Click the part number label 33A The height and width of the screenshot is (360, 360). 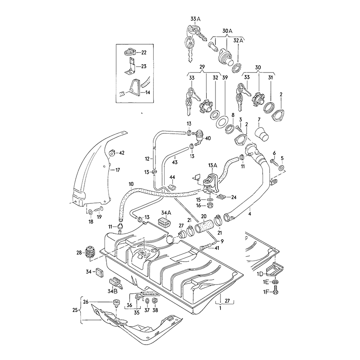[x=195, y=19]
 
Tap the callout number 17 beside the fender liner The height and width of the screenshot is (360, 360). [x=117, y=170]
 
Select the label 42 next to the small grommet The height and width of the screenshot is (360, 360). [x=122, y=153]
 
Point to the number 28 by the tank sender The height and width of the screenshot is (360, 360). [x=79, y=252]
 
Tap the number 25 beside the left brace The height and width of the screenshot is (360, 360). [x=75, y=310]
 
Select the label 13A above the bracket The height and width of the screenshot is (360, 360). [x=212, y=165]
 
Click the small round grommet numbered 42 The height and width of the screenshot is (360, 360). [x=112, y=153]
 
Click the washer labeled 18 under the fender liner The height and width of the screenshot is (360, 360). [x=90, y=212]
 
